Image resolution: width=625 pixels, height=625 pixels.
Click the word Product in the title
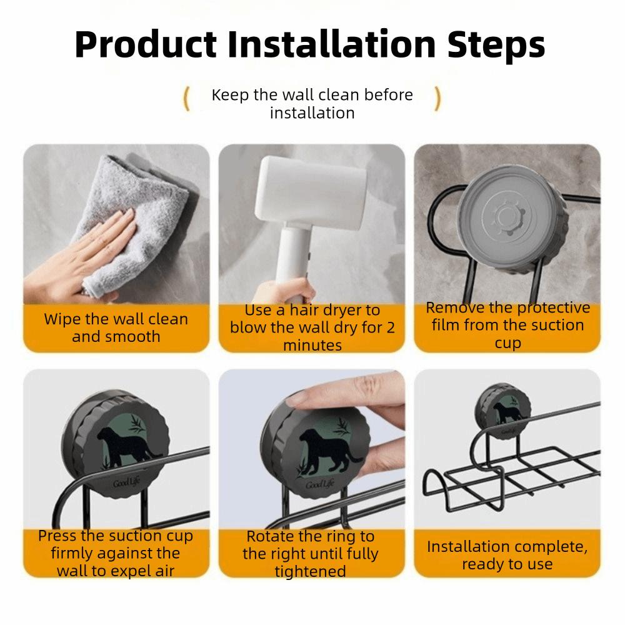pyautogui.click(x=146, y=44)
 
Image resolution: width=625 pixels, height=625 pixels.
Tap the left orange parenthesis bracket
pyautogui.click(x=186, y=99)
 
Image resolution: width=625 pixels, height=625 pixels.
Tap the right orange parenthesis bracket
pyautogui.click(x=437, y=99)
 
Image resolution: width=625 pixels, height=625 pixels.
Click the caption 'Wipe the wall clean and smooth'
pyautogui.click(x=116, y=327)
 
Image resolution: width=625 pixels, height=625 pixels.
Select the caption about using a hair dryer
pyautogui.click(x=312, y=327)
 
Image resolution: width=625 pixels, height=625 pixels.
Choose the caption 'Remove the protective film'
pyautogui.click(x=507, y=325)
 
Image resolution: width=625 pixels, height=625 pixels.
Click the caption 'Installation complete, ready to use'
pyautogui.click(x=507, y=555)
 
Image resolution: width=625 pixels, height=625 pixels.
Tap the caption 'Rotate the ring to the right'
pyautogui.click(x=310, y=554)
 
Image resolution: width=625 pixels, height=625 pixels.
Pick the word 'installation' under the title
pyautogui.click(x=312, y=113)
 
